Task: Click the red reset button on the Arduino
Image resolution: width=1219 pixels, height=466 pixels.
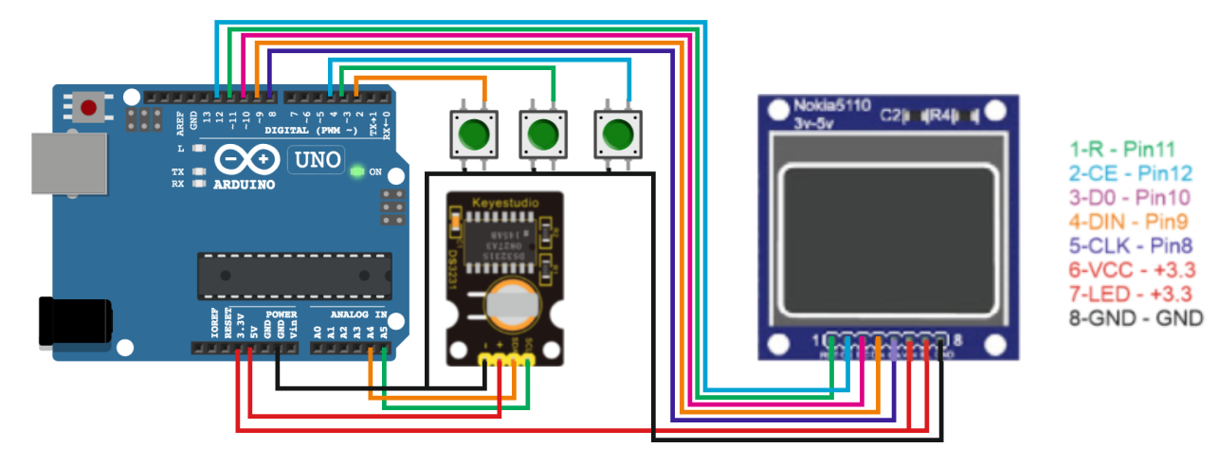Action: (x=88, y=108)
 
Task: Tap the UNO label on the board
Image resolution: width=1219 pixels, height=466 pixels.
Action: (x=315, y=160)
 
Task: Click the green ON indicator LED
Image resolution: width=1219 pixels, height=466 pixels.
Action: (x=356, y=172)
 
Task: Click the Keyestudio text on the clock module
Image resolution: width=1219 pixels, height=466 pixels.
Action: (x=505, y=201)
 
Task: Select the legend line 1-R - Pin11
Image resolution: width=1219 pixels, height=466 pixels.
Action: (x=1122, y=150)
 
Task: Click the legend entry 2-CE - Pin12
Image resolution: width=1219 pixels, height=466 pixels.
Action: (x=1128, y=173)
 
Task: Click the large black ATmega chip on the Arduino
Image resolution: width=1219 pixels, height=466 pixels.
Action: (x=294, y=275)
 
